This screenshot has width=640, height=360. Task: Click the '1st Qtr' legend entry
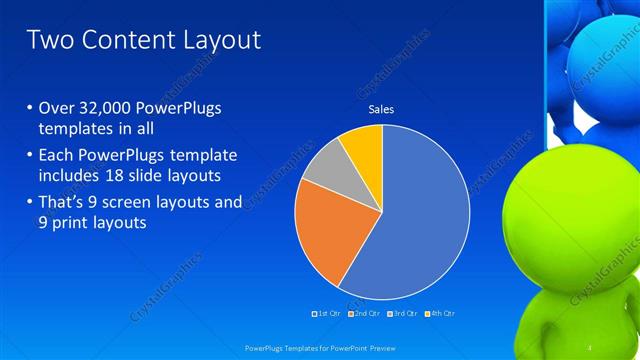tap(328, 313)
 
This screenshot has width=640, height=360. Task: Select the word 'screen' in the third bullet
tap(138, 202)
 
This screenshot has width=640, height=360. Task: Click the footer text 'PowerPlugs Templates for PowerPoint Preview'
tap(315, 348)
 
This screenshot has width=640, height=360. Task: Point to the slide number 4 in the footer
tap(590, 347)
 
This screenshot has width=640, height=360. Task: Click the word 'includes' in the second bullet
tap(71, 176)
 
